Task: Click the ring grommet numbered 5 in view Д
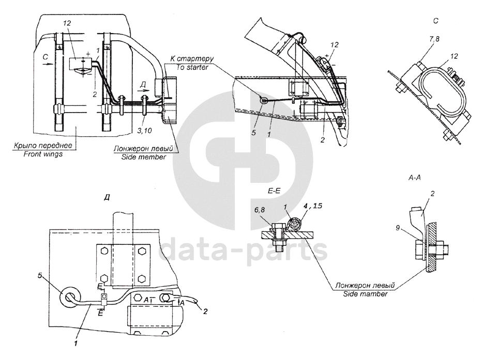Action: [x=68, y=296]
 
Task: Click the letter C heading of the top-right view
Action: [x=435, y=21]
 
